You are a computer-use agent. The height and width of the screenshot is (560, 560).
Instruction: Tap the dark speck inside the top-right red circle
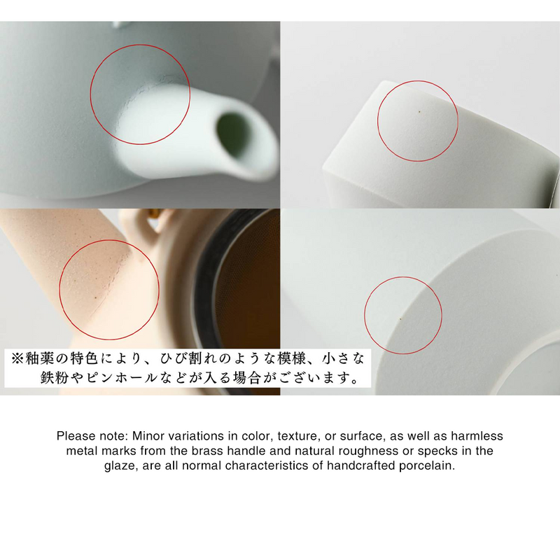[x=419, y=111]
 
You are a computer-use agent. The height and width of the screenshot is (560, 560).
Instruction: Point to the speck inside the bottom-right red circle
[x=400, y=318]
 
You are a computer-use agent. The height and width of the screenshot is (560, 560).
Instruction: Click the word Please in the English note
[x=74, y=435]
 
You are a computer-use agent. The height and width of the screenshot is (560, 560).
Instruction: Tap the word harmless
[x=478, y=435]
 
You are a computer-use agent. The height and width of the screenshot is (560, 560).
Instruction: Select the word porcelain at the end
[x=430, y=465]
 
